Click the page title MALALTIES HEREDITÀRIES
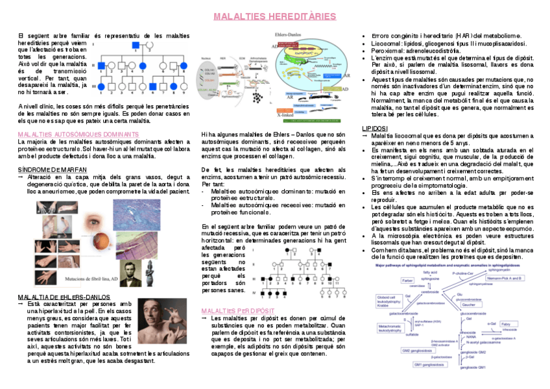click(x=274, y=16)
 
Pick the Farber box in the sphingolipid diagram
click(x=407, y=280)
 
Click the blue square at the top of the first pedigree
click(x=137, y=44)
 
